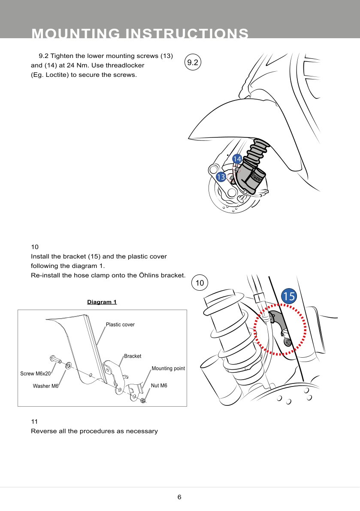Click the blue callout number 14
[237, 159]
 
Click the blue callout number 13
[221, 176]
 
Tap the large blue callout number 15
[289, 296]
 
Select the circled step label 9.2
[193, 62]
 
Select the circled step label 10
[200, 283]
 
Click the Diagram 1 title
[102, 302]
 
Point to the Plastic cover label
[120, 325]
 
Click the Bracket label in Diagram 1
[133, 356]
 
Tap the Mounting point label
[168, 368]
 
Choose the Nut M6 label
[159, 386]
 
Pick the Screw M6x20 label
[36, 374]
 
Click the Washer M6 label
[45, 386]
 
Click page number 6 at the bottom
[179, 497]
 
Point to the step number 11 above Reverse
[35, 421]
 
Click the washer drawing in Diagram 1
[68, 366]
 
